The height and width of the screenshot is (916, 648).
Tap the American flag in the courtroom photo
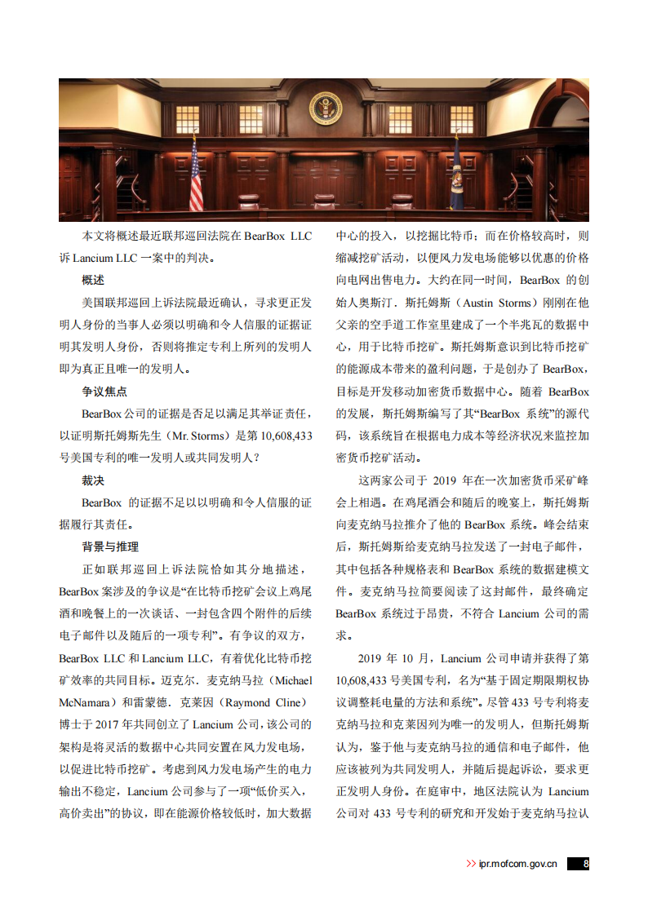pos(196,175)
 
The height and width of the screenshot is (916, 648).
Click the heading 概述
pos(93,281)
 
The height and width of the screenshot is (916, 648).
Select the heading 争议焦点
pos(104,392)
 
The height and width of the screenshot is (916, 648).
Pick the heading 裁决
pos(93,480)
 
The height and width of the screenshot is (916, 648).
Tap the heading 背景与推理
pos(110,547)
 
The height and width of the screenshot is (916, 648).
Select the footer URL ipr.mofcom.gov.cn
pos(518,864)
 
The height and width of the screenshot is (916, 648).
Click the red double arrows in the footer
pos(471,864)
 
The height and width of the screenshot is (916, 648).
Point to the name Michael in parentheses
pos(290,680)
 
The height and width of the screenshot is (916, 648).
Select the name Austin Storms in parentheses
pos(496,303)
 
